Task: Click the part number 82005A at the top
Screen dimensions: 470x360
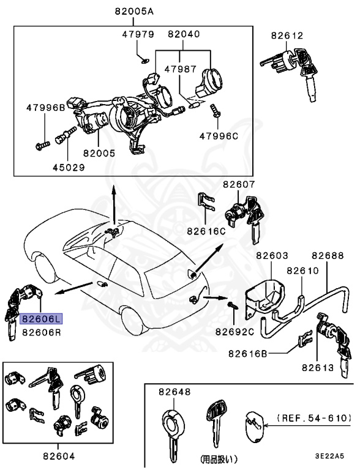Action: coord(133,12)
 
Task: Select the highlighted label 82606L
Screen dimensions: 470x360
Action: coord(42,319)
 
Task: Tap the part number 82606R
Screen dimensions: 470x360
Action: coord(42,333)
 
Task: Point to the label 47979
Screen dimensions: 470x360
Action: coord(138,34)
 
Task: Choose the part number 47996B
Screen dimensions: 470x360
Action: coord(45,107)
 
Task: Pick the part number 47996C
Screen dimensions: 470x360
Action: coord(217,136)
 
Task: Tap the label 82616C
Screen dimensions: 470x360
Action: coord(207,232)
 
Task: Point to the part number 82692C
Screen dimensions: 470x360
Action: coord(234,332)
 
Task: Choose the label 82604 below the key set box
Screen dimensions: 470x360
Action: coord(59,456)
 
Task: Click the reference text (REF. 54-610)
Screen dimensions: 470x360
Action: coord(314,418)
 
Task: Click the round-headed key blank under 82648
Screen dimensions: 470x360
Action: coord(173,428)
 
